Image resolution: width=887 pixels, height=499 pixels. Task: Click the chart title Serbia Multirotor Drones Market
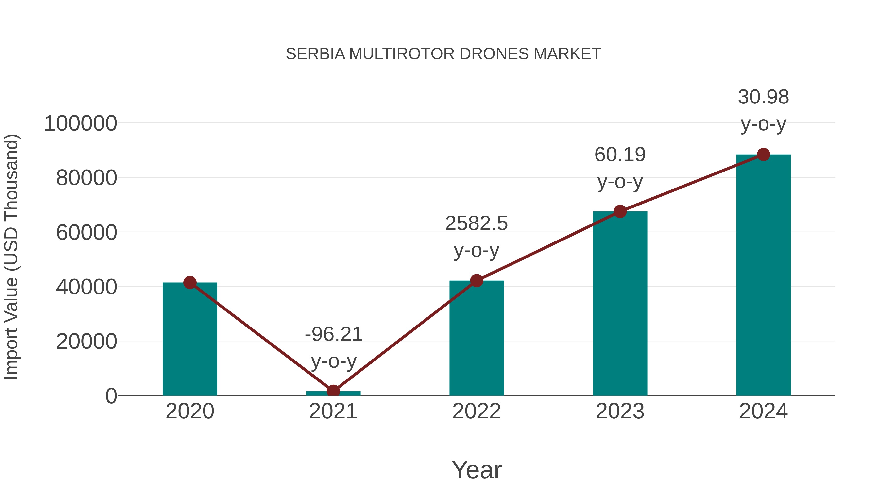point(443,54)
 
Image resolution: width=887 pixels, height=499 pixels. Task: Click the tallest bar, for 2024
point(763,275)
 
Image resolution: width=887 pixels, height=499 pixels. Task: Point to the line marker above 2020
point(190,283)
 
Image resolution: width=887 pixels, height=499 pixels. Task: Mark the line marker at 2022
point(477,281)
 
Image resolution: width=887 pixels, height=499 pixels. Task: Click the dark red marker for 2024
point(763,155)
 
